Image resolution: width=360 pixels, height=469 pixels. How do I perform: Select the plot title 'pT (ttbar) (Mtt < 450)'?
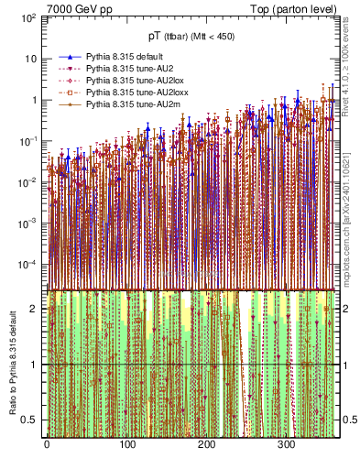[x=190, y=37]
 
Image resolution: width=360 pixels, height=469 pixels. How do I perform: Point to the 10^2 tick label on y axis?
[x=28, y=18]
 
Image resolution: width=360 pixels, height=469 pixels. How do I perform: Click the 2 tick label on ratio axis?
[x=37, y=309]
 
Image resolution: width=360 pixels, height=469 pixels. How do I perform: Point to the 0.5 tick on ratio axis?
[x=32, y=420]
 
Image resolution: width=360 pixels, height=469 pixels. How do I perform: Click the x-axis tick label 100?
[x=126, y=445]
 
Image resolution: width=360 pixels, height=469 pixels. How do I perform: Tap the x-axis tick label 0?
[x=47, y=445]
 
